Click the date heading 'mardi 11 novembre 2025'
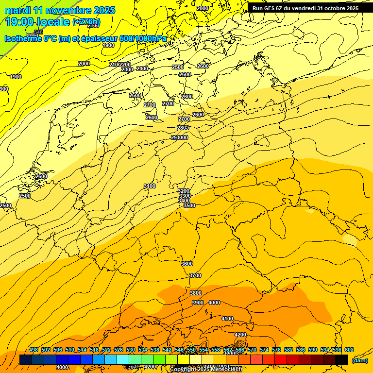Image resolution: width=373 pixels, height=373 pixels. pos(60,10)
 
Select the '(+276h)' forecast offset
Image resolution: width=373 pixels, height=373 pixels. pos(86,22)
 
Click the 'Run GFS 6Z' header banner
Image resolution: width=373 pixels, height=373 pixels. pos(305,8)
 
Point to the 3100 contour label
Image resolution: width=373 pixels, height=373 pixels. pos(150,186)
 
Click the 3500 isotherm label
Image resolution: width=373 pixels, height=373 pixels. pos(189,205)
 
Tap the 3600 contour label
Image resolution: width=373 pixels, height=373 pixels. pos(187,264)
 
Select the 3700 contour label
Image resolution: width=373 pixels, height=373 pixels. pos(195,275)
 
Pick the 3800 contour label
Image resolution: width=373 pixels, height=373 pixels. pos(196,293)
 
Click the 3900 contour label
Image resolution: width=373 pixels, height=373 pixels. pos(197,303)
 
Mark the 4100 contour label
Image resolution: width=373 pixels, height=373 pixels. pos(227,319)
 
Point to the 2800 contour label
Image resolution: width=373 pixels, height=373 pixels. pos(183,128)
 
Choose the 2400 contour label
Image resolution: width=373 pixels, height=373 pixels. pos(142,68)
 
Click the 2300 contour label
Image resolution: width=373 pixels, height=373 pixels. pos(127,70)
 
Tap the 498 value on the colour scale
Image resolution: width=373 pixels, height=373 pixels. pos(34,350)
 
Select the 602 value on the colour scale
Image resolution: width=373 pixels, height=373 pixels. pos(349,350)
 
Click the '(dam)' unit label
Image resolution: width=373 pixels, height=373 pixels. pos(359,360)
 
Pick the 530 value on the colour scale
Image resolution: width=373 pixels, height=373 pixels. pos(131,350)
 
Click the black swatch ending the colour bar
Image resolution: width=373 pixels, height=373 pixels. pos(341,359)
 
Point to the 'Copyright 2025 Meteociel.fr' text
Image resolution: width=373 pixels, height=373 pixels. pos(206,370)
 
